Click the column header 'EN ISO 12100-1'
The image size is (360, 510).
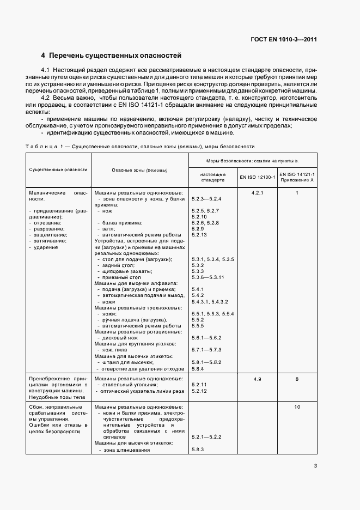257,177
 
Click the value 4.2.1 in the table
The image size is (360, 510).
257,193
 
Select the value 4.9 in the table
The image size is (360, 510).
257,378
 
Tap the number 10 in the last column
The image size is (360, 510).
297,407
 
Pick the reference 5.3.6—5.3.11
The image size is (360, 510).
208,277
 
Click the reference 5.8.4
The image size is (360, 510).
197,368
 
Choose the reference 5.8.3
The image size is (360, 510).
197,449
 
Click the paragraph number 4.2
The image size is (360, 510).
46,97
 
